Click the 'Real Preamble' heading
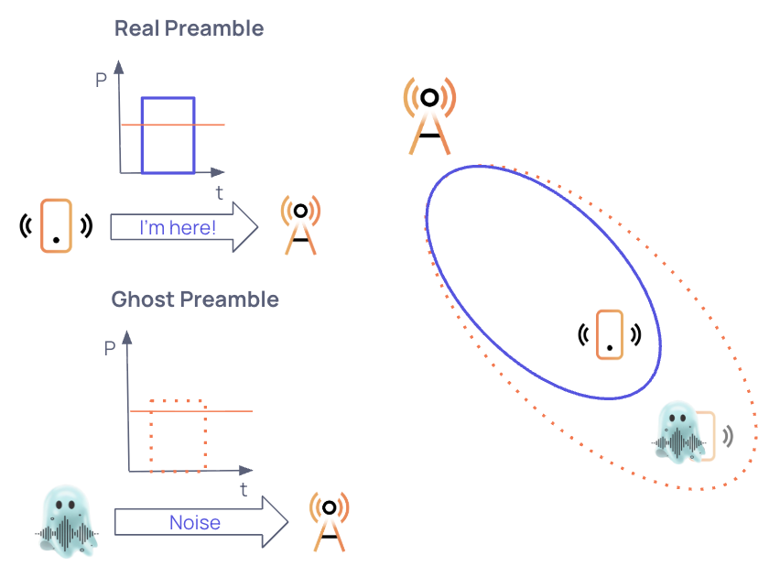coord(189,28)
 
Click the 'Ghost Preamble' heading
coord(195,299)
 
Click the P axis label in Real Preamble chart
coord(101,80)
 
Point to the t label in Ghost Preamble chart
coord(244,490)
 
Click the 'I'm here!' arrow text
coord(178,227)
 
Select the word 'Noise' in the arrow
coord(194,523)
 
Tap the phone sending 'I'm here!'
coord(56,225)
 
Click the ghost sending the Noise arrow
coord(68,523)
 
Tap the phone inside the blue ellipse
coord(609,334)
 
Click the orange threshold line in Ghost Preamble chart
coord(229,412)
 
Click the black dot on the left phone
coord(56,241)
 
